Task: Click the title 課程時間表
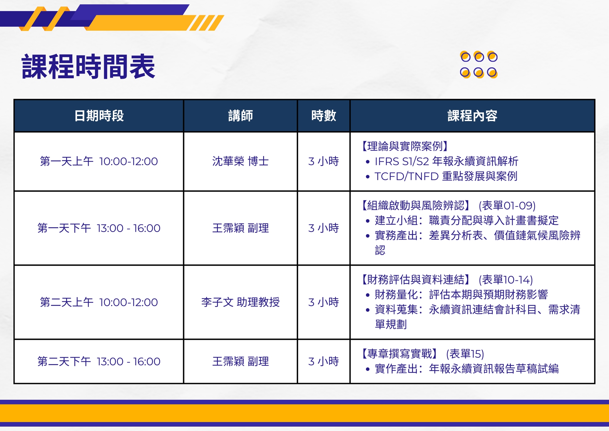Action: click(x=88, y=66)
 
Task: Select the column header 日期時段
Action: click(x=99, y=116)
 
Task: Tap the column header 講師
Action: click(x=241, y=116)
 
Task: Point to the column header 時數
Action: click(x=324, y=116)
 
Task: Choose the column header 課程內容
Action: click(x=472, y=116)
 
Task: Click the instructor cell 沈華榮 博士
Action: click(x=241, y=161)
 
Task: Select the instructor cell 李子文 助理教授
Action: click(x=241, y=302)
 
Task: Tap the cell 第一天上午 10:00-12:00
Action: click(x=99, y=161)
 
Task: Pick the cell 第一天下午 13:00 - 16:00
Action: click(x=99, y=228)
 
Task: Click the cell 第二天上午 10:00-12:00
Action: click(x=99, y=302)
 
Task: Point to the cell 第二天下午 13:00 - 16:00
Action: click(x=99, y=362)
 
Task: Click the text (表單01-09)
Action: click(x=507, y=206)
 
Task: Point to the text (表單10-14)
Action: click(x=506, y=280)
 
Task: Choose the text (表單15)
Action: click(x=465, y=354)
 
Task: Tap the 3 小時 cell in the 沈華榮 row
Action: click(x=324, y=161)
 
